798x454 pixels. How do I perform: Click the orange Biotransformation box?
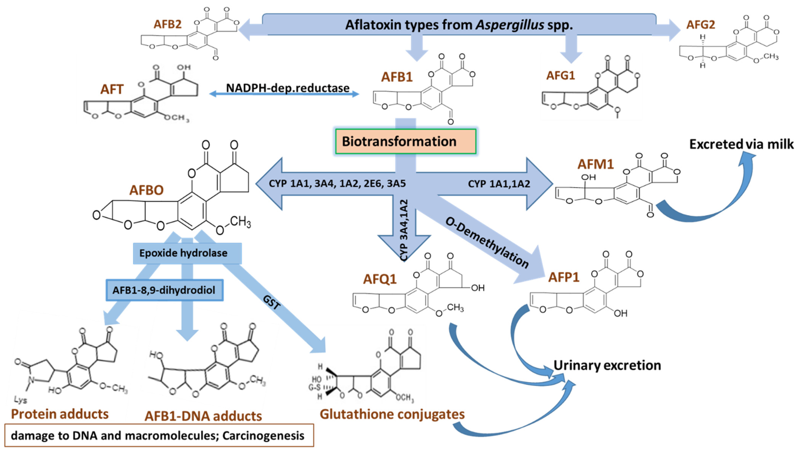(x=405, y=142)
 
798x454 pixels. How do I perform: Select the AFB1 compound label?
(x=397, y=77)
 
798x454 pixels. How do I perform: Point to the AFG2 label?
(x=701, y=25)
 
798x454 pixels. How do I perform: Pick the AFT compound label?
(x=112, y=90)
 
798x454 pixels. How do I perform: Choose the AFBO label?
(x=146, y=190)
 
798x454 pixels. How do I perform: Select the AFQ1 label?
(x=380, y=279)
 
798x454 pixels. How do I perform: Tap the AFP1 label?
(x=563, y=277)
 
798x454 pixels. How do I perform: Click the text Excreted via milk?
(x=741, y=144)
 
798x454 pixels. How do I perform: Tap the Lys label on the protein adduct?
(x=21, y=400)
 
